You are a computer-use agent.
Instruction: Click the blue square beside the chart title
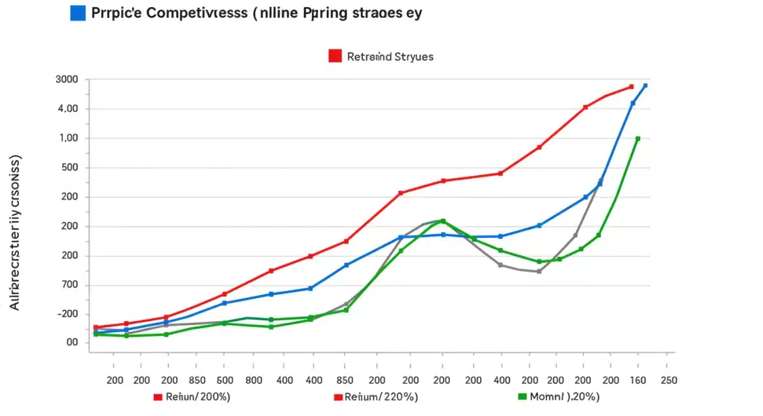pyautogui.click(x=78, y=14)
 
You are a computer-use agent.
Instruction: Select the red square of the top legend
pyautogui.click(x=335, y=56)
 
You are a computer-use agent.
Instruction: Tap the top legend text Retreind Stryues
pyautogui.click(x=390, y=57)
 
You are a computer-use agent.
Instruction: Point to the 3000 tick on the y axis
pyautogui.click(x=67, y=80)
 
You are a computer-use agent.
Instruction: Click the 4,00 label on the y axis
pyautogui.click(x=68, y=109)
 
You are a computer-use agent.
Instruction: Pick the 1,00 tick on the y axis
pyautogui.click(x=68, y=139)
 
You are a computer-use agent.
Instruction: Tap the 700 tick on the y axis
pyautogui.click(x=69, y=285)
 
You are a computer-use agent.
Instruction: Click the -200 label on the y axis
pyautogui.click(x=67, y=314)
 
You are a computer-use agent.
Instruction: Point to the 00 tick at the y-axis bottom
pyautogui.click(x=71, y=343)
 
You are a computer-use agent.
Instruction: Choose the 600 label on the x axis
pyautogui.click(x=224, y=380)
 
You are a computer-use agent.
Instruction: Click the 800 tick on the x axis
pyautogui.click(x=253, y=380)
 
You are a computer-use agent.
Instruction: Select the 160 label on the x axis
pyautogui.click(x=638, y=380)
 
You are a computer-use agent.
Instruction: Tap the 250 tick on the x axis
pyautogui.click(x=668, y=380)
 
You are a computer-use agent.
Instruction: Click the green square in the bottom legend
pyautogui.click(x=523, y=397)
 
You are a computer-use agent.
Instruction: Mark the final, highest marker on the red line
pyautogui.click(x=631, y=87)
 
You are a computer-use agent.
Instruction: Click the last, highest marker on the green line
pyautogui.click(x=638, y=139)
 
